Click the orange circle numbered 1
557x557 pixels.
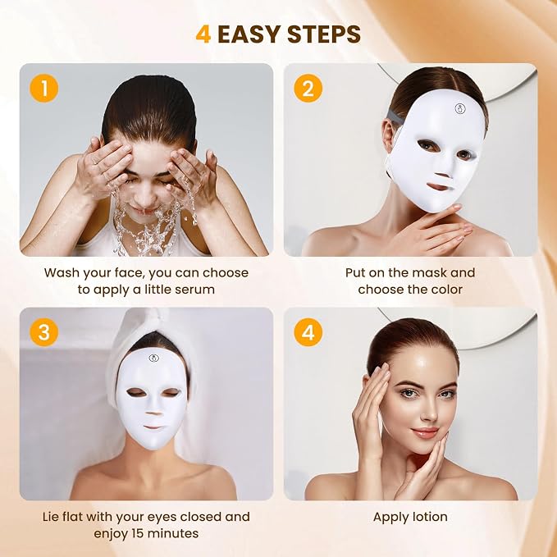pos(44,88)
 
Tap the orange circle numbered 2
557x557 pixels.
pos(308,88)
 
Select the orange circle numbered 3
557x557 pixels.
pos(44,332)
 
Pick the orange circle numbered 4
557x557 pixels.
pos(308,332)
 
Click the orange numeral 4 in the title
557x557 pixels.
pos(203,34)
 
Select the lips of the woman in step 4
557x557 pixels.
pos(424,432)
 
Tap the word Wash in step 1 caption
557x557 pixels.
pos(61,273)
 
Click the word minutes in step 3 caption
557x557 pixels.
pos(173,533)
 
